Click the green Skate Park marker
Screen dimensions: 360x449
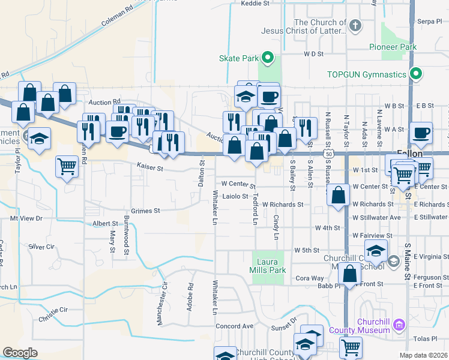pyautogui.click(x=268, y=58)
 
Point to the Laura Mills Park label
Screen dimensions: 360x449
pyautogui.click(x=268, y=266)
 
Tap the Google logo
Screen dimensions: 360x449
pyautogui.click(x=20, y=353)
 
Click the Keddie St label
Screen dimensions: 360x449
pyautogui.click(x=255, y=3)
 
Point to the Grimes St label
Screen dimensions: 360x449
pyautogui.click(x=145, y=211)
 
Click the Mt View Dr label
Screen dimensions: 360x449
pyautogui.click(x=26, y=219)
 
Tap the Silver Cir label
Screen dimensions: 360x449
pyautogui.click(x=41, y=247)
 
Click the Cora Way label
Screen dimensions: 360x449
pyautogui.click(x=310, y=278)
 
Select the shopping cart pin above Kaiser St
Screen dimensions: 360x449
pyautogui.click(x=67, y=166)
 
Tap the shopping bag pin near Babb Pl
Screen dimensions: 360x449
pyautogui.click(x=349, y=274)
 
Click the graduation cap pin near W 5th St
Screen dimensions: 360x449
pyautogui.click(x=376, y=251)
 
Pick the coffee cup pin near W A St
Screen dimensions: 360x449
pyautogui.click(x=421, y=133)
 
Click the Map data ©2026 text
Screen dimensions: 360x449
pyautogui.click(x=423, y=355)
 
